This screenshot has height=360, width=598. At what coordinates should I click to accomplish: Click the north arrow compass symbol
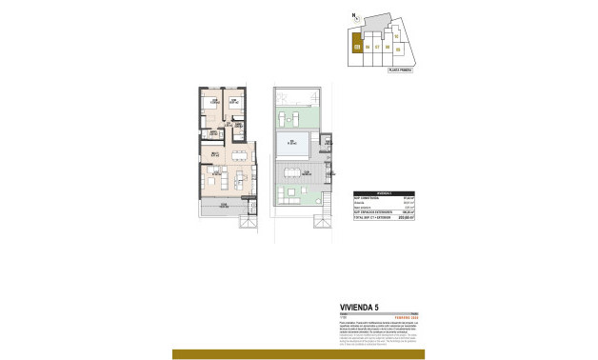(x=353, y=14)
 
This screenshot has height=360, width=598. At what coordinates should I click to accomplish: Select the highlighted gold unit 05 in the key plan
(x=356, y=45)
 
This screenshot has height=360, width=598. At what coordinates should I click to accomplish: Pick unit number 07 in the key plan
(x=377, y=46)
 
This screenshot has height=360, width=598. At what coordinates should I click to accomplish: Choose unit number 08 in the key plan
(x=389, y=46)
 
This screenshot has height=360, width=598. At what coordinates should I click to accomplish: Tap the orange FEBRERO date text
(x=405, y=315)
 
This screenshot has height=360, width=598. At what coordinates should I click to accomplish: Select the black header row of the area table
(x=386, y=191)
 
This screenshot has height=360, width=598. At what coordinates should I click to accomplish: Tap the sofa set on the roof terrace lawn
(x=291, y=117)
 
